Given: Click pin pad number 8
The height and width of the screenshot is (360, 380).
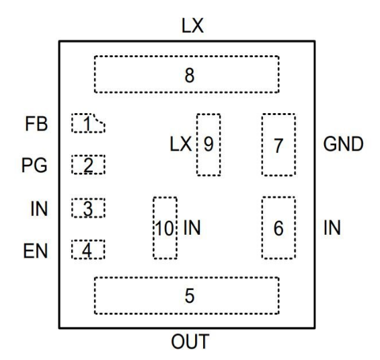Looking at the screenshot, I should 186,75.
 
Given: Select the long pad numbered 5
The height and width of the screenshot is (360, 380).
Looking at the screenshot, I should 186,295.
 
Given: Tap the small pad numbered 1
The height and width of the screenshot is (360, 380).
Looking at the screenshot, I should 89,123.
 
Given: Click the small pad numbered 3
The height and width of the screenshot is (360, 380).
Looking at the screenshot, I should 89,209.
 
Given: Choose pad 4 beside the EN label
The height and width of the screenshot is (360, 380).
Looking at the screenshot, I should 89,250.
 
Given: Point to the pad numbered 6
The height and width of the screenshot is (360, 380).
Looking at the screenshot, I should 278,227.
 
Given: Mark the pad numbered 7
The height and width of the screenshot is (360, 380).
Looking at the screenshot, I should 278,144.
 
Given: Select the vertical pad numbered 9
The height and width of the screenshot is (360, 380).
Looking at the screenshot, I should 208,144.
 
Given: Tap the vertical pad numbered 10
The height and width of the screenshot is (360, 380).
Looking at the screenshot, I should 165,228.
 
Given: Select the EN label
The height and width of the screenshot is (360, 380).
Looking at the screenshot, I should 38,250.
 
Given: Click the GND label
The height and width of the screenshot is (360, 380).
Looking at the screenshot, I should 343,144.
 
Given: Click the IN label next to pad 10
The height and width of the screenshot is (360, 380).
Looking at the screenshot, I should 192,228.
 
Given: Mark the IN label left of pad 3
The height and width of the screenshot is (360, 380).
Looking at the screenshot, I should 39,209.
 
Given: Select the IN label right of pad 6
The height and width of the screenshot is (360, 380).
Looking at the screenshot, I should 332,227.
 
